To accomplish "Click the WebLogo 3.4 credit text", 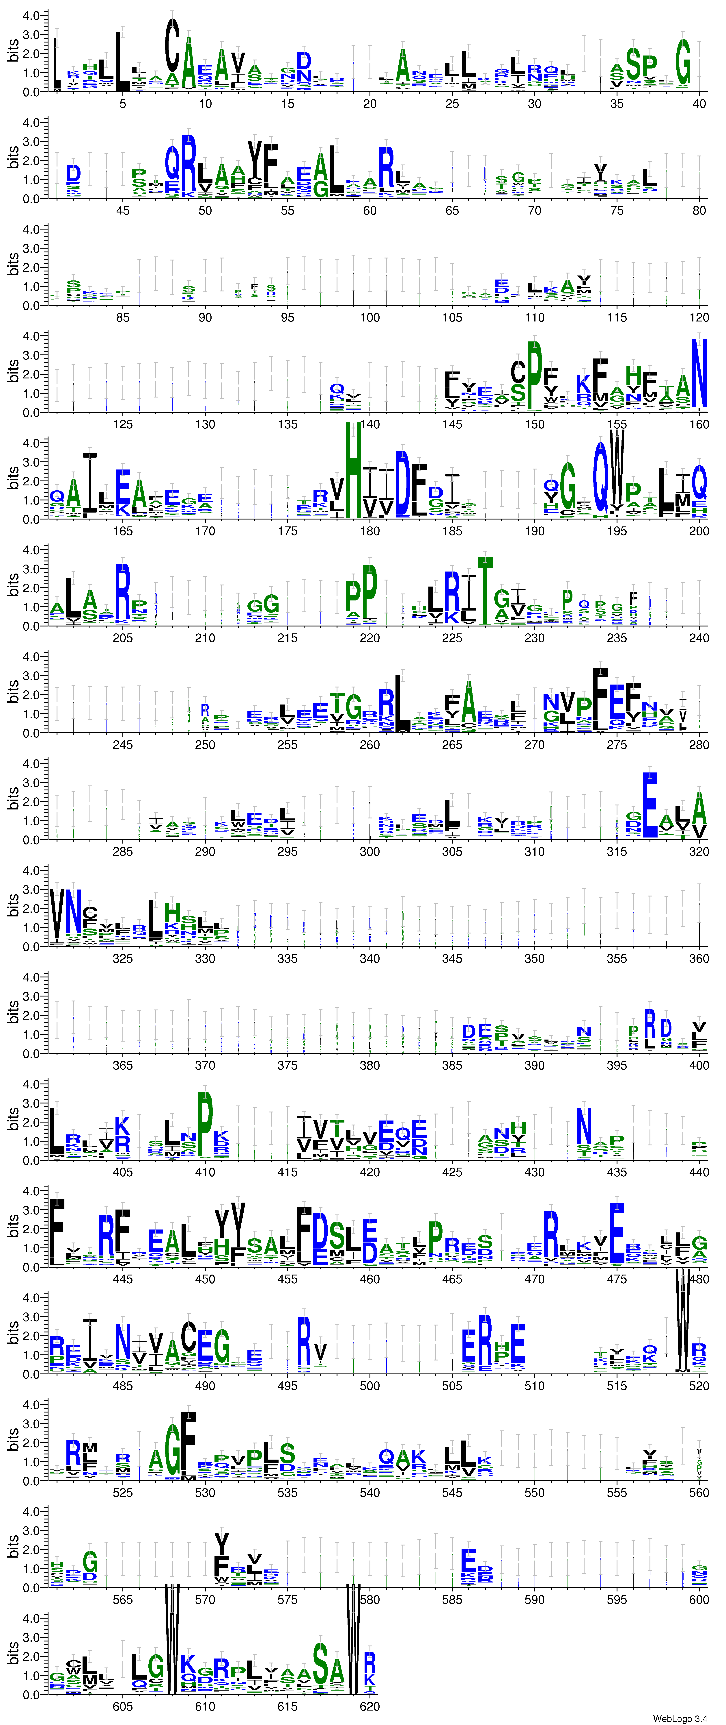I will click(x=679, y=1718).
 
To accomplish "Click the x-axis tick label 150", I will click(x=534, y=424).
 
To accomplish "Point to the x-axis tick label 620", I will click(x=369, y=1706).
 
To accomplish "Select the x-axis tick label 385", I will click(x=452, y=1065).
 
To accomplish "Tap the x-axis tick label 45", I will click(x=122, y=210).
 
